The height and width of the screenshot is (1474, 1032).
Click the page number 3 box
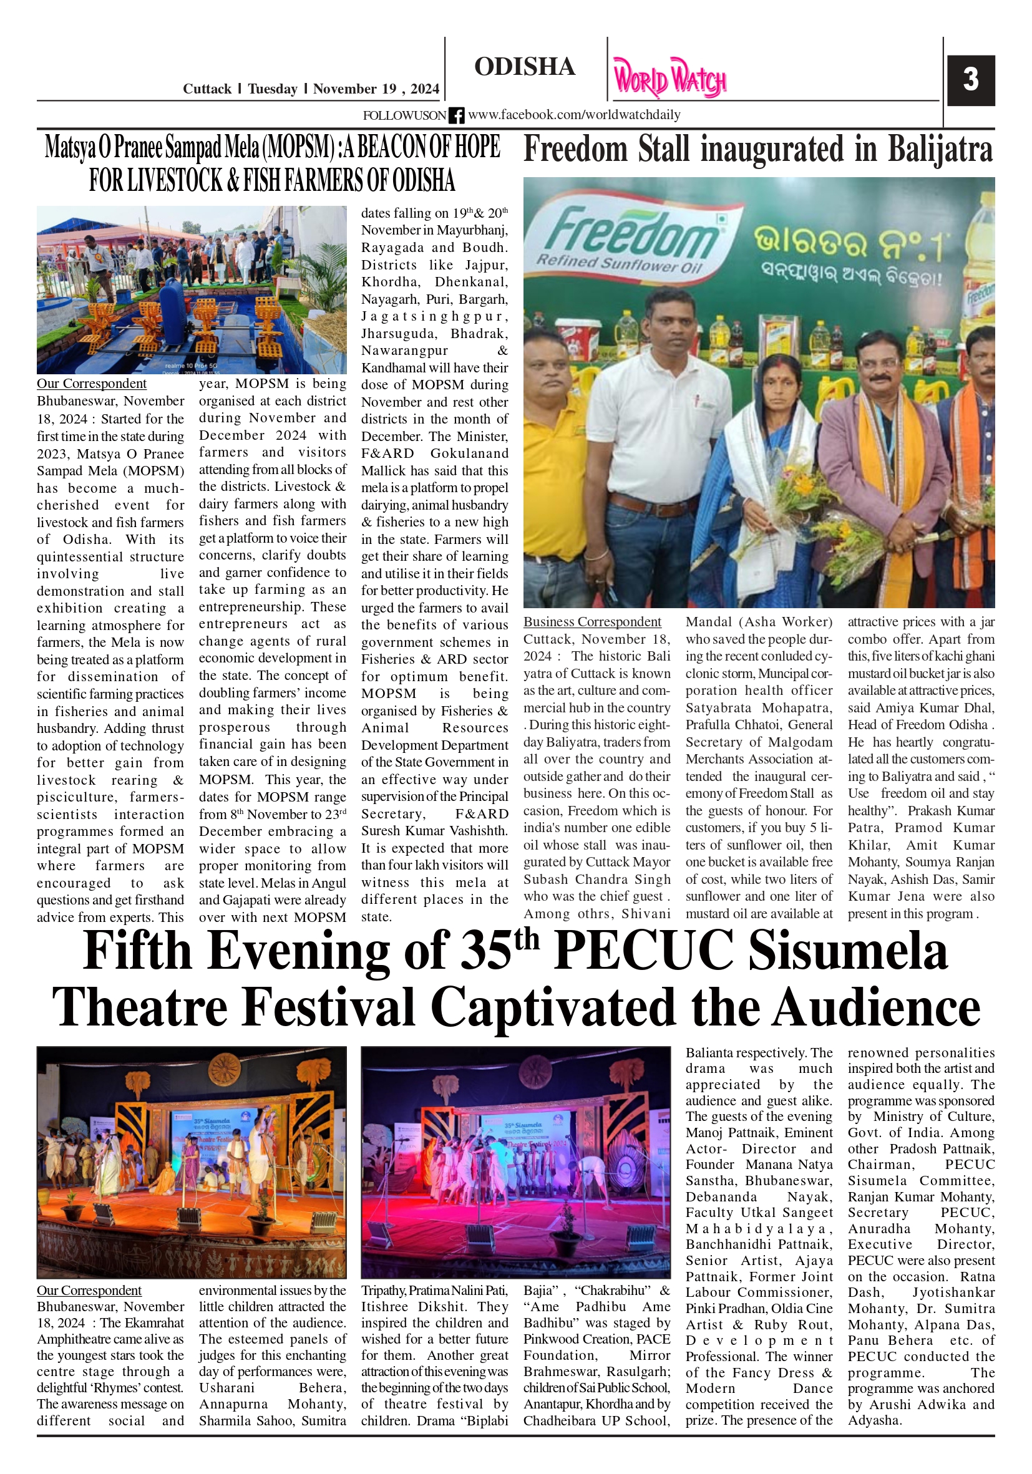[x=970, y=80]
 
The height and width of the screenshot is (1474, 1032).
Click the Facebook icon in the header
[x=456, y=115]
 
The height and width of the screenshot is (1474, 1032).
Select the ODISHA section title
[x=524, y=67]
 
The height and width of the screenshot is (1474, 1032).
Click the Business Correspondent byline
[x=591, y=621]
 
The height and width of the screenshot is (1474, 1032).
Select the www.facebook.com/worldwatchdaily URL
[x=573, y=115]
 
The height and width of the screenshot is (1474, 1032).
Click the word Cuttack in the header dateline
[x=207, y=89]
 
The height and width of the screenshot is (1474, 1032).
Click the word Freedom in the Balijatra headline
[x=575, y=150]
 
